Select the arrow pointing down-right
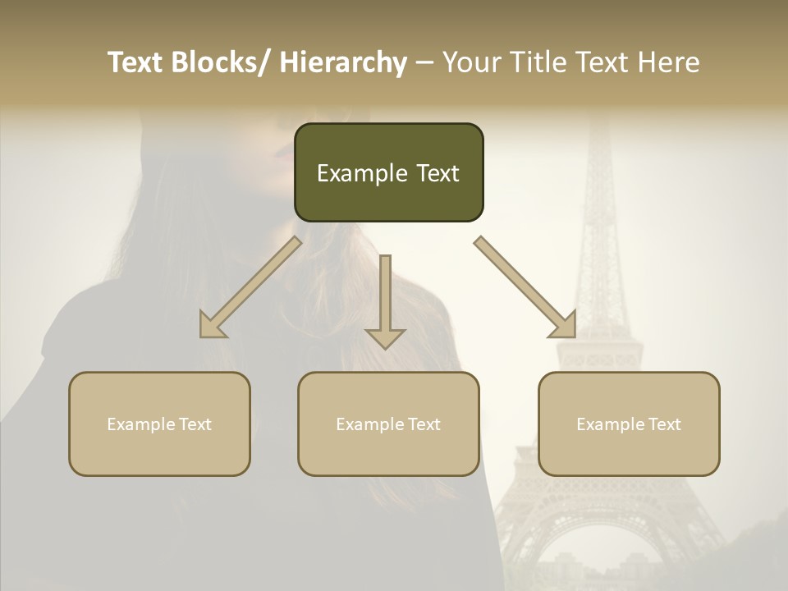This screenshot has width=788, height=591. coord(525,287)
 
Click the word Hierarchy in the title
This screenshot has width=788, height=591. coord(343,63)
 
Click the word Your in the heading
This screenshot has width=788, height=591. coord(470,63)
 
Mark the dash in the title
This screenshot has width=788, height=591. coord(424,63)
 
